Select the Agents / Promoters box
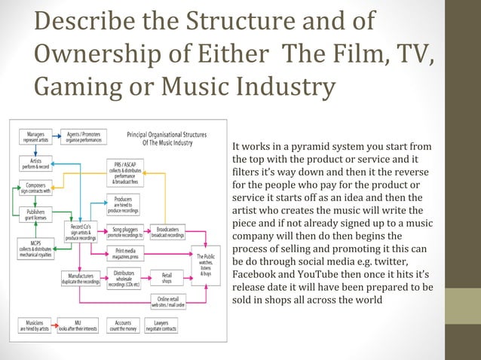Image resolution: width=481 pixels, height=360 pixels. pos(83,138)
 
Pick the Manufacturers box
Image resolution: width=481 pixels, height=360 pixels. pos(81,279)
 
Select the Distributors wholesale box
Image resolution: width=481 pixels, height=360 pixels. pos(124,279)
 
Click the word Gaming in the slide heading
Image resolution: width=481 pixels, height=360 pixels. pos(71,88)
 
